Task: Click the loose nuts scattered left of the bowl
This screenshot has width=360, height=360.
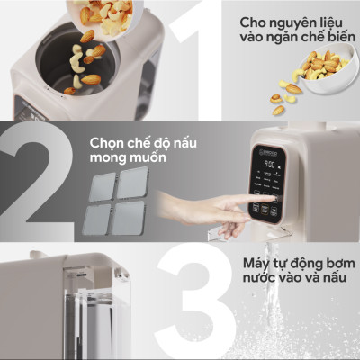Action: pyautogui.click(x=283, y=99)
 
